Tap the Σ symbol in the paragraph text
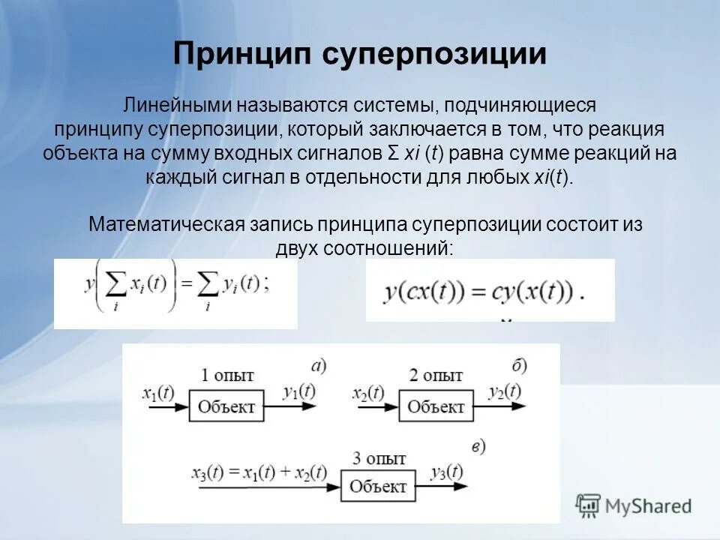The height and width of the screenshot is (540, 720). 393,154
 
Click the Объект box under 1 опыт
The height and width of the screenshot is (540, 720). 226,408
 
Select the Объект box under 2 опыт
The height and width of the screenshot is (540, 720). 436,408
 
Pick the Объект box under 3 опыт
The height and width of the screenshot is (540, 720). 378,486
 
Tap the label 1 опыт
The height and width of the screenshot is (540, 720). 226,375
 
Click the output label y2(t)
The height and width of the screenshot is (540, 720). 504,391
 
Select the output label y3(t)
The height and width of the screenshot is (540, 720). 446,472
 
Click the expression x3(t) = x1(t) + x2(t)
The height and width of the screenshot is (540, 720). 259,472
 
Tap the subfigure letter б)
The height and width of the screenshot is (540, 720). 519,365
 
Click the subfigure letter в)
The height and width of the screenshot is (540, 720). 478,447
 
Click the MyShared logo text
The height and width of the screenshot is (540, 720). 647,505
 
